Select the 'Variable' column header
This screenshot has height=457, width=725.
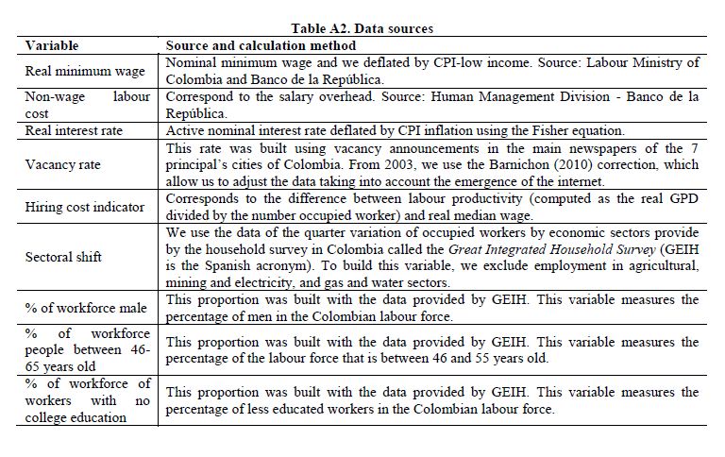pyautogui.click(x=52, y=45)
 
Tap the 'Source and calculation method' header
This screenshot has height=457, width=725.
pyautogui.click(x=261, y=45)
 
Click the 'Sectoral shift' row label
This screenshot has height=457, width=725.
pyautogui.click(x=61, y=257)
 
